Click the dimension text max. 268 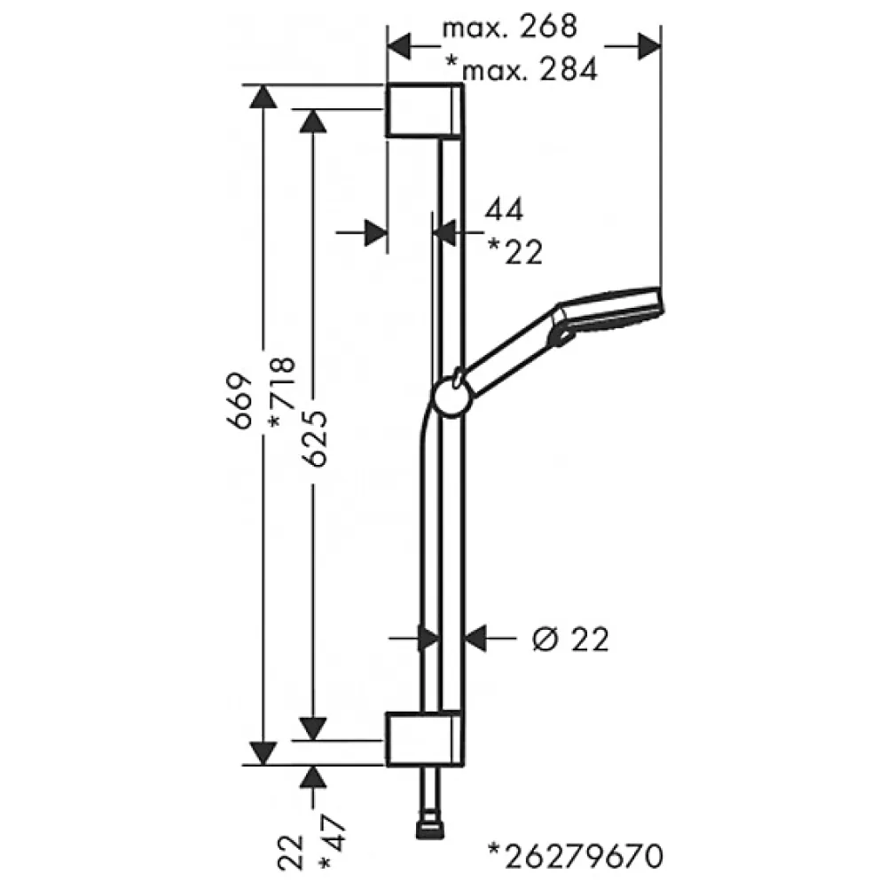click(509, 27)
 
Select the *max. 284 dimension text click(522, 69)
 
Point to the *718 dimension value click(282, 392)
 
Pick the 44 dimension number click(504, 208)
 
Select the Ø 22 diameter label click(570, 639)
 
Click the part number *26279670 click(576, 856)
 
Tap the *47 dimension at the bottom click(332, 842)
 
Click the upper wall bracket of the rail click(425, 110)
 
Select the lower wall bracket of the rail click(425, 738)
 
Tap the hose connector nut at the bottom click(430, 830)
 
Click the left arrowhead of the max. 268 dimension click(399, 46)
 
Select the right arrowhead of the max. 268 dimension click(649, 46)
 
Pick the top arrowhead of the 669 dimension click(263, 97)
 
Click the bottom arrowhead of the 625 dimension click(313, 728)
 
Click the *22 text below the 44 click(515, 252)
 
